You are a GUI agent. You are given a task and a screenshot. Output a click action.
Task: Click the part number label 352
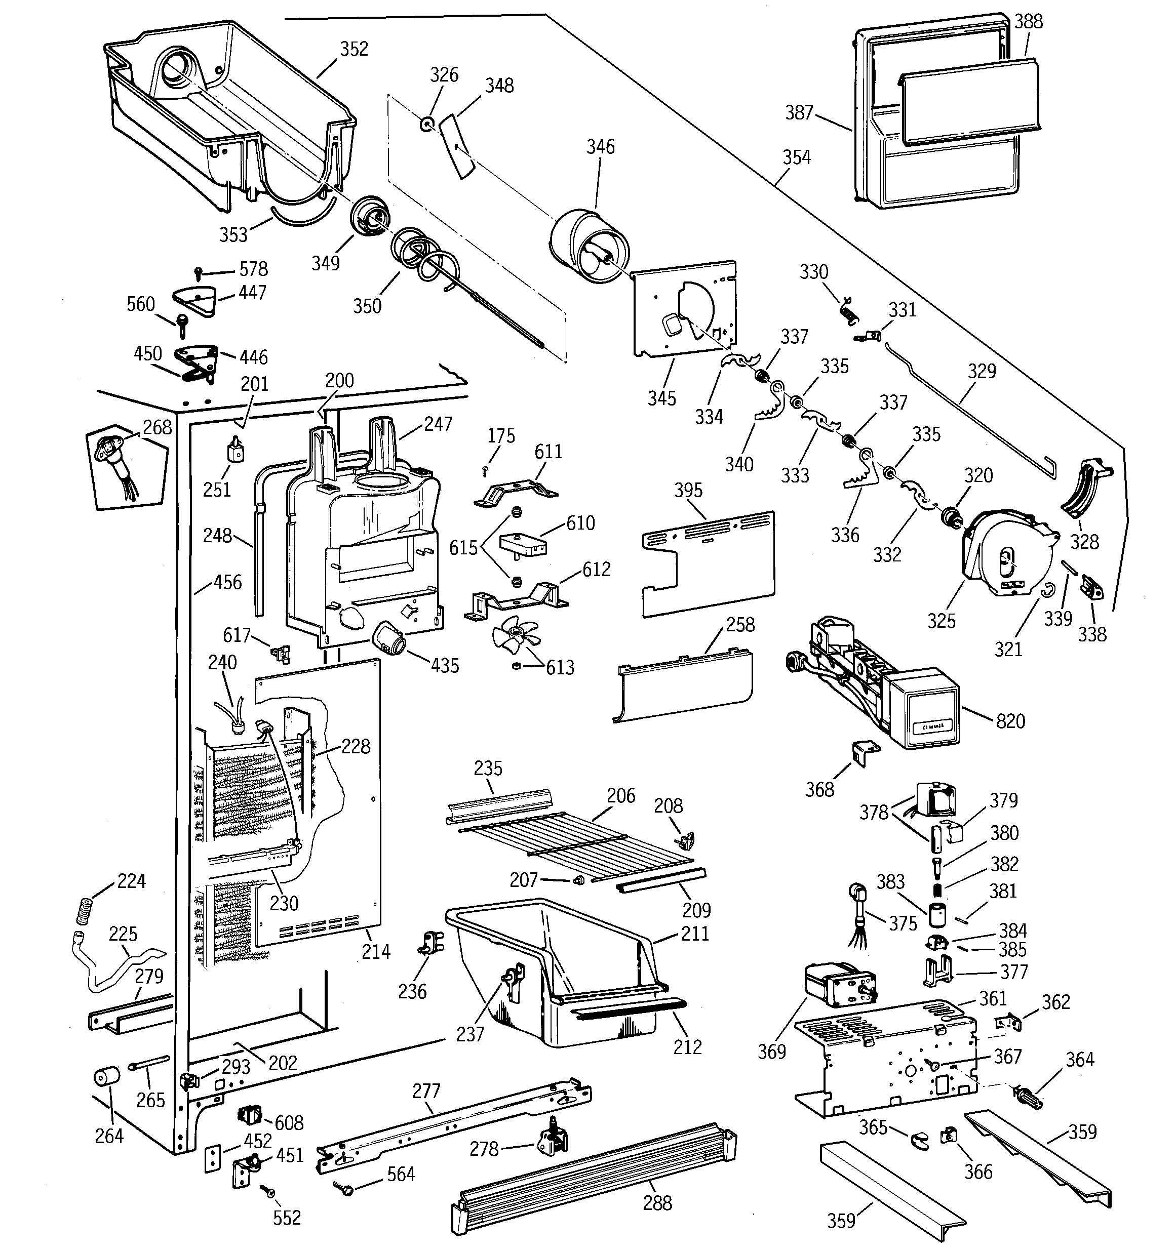pos(354,49)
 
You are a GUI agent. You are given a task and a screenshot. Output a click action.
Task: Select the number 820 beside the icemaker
pos(1010,721)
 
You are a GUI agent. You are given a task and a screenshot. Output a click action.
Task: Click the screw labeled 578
pos(199,272)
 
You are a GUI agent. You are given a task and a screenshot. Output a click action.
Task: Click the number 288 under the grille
pos(657,1203)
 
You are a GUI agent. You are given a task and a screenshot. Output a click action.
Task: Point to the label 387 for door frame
pos(799,112)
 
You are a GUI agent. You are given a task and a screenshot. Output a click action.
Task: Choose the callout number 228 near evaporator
pos(356,746)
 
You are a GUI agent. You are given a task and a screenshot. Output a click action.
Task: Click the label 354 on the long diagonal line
pos(796,157)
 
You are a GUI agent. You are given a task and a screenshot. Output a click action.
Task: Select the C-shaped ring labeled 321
pos(1046,589)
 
